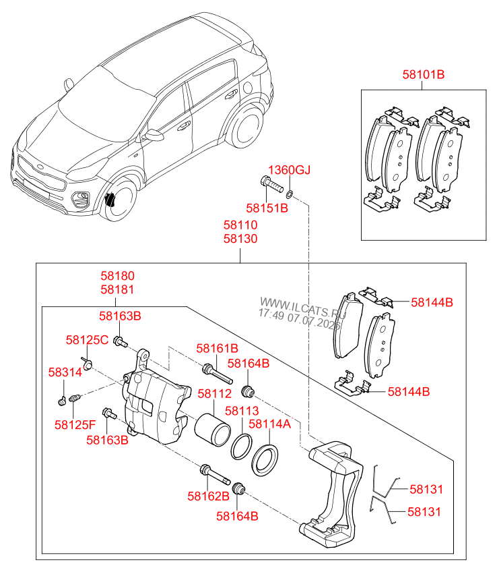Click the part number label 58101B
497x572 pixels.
[x=423, y=74]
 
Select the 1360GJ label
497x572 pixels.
[x=289, y=170]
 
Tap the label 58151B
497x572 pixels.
[x=267, y=208]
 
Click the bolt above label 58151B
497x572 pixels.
[x=272, y=185]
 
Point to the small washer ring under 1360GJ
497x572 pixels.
[x=290, y=194]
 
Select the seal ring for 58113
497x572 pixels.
[x=241, y=447]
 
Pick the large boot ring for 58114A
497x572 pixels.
[x=265, y=461]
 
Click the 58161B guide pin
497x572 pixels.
[x=218, y=374]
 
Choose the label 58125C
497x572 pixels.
[x=87, y=340]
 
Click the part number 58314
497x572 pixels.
[x=65, y=372]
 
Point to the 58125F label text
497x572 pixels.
[x=75, y=425]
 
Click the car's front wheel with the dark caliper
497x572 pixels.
[x=119, y=200]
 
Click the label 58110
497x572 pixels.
[x=240, y=225]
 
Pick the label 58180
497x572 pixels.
[x=118, y=276]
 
